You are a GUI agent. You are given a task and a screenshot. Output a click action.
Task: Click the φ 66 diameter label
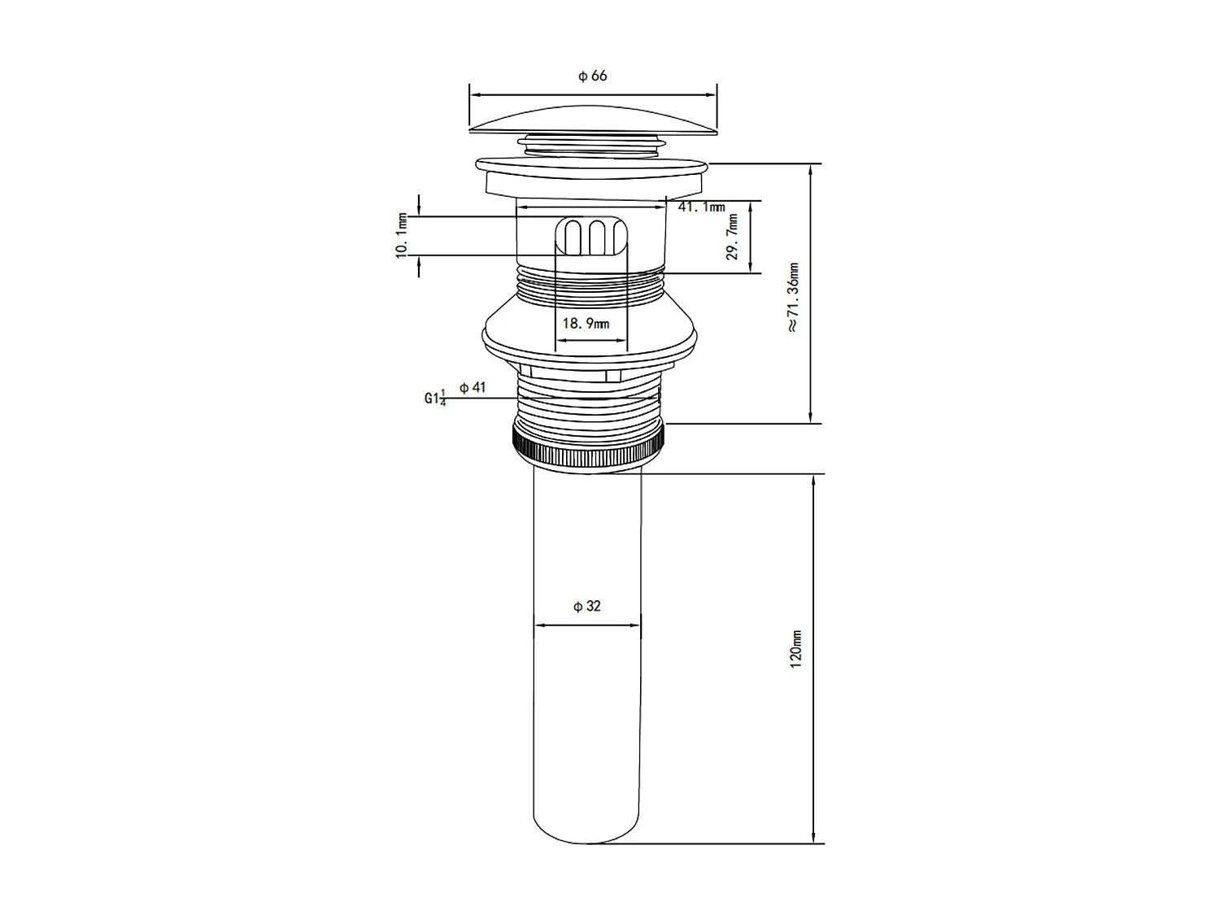point(592,76)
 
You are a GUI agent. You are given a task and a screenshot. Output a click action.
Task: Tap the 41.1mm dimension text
point(701,207)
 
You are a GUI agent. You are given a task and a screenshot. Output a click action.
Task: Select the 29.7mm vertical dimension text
point(733,237)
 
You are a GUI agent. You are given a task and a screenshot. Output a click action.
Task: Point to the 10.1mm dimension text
point(401,235)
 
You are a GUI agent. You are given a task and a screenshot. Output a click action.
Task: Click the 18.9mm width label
point(586,323)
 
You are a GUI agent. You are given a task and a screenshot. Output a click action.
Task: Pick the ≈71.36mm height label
point(794,296)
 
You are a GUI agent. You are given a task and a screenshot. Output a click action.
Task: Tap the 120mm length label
point(796,649)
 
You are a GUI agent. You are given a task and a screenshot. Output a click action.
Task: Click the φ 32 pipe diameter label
point(586,606)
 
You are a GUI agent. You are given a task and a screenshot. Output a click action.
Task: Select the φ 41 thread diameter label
point(473,387)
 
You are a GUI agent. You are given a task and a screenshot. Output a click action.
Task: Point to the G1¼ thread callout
point(435,399)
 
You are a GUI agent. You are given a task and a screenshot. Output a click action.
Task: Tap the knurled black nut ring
point(589,446)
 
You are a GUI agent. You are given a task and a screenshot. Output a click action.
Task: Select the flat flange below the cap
point(593,166)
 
